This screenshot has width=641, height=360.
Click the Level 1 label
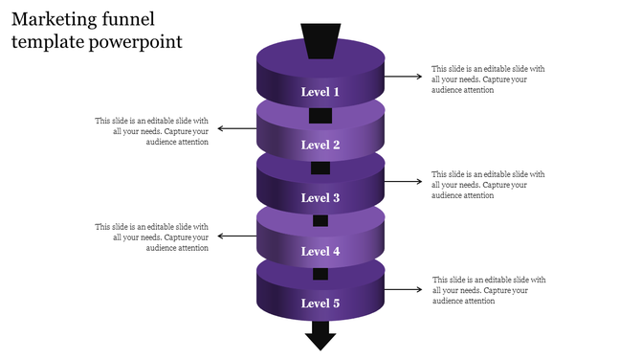320,92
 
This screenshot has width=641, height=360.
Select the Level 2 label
320,146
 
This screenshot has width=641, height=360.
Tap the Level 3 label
320,198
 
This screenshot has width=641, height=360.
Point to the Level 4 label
320,252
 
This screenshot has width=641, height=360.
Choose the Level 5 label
320,304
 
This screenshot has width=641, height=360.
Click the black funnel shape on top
320,41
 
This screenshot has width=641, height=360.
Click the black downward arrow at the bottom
320,335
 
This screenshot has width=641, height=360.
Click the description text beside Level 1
488,79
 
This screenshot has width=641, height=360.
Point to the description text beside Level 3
488,185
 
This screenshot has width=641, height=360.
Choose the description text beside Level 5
488,290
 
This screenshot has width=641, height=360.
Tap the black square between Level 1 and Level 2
320,116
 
